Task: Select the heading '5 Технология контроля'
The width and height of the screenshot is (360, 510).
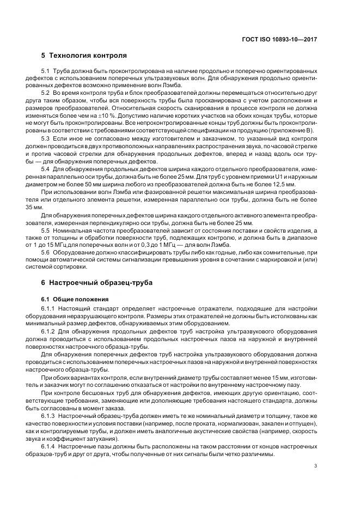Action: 84,56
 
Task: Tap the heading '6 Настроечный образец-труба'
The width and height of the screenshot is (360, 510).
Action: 97,283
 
